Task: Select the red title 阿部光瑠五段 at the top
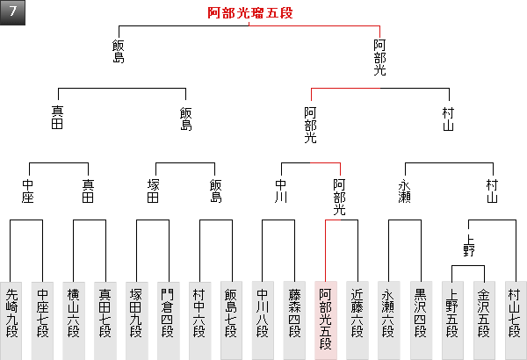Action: (x=250, y=13)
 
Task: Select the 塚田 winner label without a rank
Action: (x=154, y=191)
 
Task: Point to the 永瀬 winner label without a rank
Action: (x=405, y=191)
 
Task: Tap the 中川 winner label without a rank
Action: (x=281, y=191)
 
